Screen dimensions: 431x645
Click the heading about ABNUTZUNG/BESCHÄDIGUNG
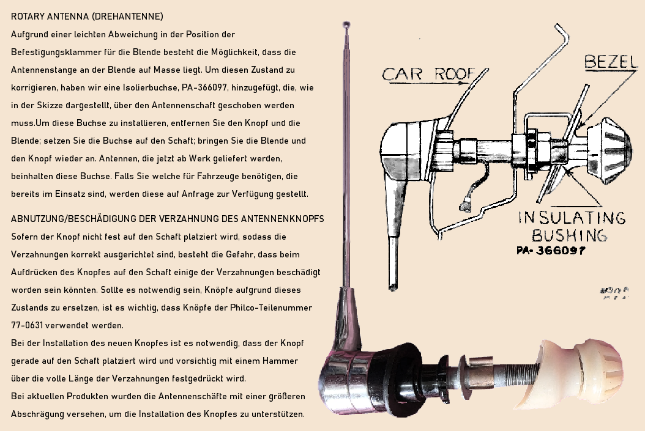167,219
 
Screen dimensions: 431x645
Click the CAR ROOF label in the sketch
428,75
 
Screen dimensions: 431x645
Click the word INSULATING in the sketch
572,218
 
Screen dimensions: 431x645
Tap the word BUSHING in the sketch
569,235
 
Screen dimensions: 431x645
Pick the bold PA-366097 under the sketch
551,251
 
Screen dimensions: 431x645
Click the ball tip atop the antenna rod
347,24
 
